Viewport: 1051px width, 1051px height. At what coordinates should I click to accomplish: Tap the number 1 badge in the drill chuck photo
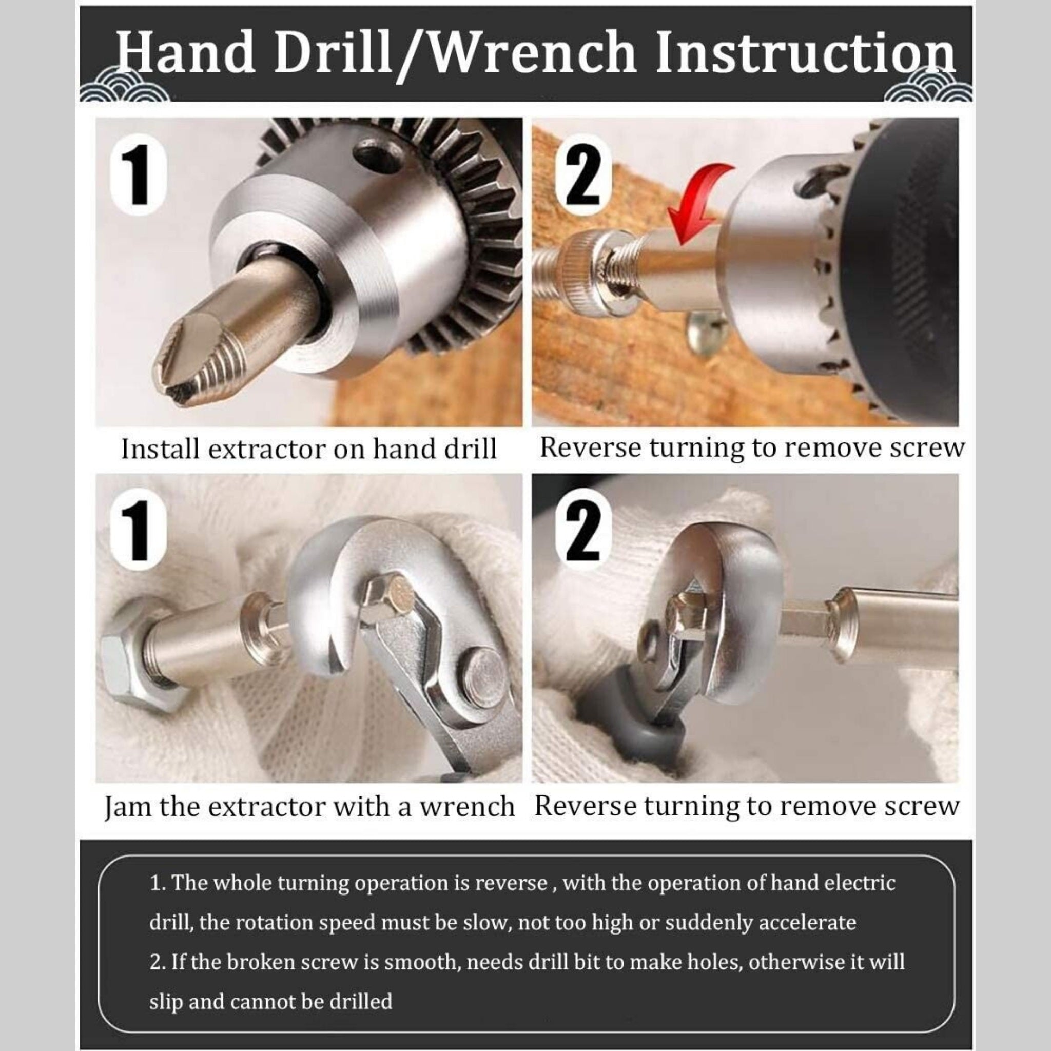139,175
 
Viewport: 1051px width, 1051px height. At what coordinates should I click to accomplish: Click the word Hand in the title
185,54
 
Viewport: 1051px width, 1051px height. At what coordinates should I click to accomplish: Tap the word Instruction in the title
805,54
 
